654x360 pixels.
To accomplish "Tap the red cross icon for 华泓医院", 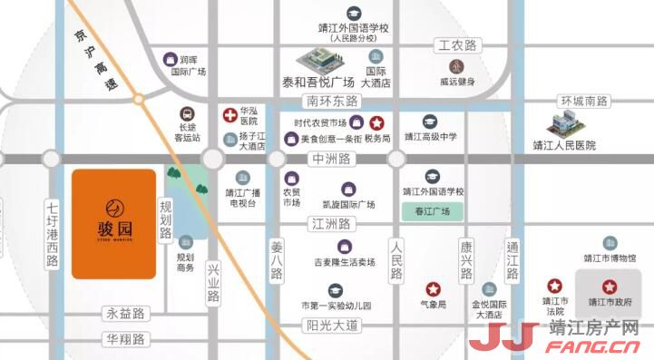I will click(x=230, y=115).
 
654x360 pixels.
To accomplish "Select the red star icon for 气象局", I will click(x=434, y=288).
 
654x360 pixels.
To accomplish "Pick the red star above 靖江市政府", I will click(x=610, y=286).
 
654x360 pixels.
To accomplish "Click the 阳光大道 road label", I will click(x=333, y=325).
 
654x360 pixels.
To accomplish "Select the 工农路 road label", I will click(x=458, y=45).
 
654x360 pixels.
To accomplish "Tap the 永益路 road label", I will click(x=126, y=314).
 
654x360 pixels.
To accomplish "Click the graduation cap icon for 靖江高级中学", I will click(x=432, y=121).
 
